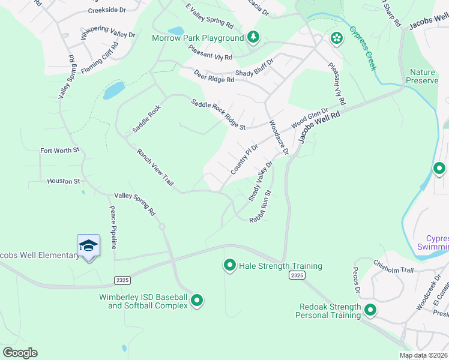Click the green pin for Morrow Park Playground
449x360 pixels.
click(254, 37)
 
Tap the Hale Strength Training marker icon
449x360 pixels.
click(229, 265)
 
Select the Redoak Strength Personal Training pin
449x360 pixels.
click(370, 310)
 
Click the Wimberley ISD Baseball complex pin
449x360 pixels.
click(197, 300)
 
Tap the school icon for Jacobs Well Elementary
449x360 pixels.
click(88, 245)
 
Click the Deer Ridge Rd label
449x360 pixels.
click(214, 76)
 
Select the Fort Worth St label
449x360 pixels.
click(59, 150)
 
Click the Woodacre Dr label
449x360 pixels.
click(279, 137)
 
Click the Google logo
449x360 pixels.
click(20, 353)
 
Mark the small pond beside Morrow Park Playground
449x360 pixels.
click(176, 31)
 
